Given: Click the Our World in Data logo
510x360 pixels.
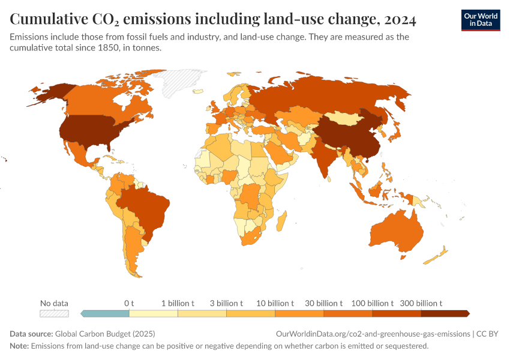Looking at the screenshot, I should click(480, 20).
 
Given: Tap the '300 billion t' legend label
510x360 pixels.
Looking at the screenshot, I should click(421, 304).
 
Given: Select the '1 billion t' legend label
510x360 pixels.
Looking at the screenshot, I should click(178, 304).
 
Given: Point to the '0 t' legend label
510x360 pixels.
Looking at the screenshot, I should click(129, 304).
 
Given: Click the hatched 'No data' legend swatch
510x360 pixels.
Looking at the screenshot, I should click(54, 313).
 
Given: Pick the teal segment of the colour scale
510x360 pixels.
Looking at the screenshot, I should click(106, 313).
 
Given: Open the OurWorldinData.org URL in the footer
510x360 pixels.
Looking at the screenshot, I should click(372, 334).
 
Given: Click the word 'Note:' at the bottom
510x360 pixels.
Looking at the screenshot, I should click(19, 346).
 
